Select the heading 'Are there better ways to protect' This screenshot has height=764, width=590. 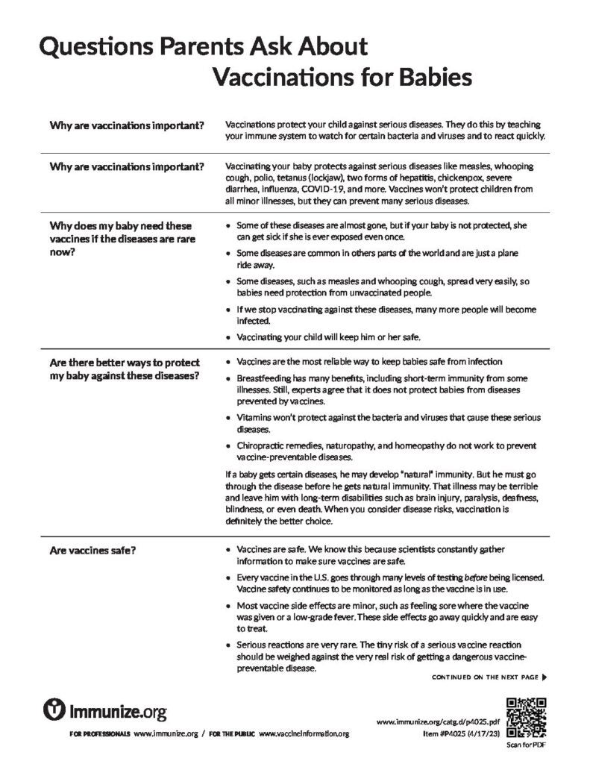point(125,363)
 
